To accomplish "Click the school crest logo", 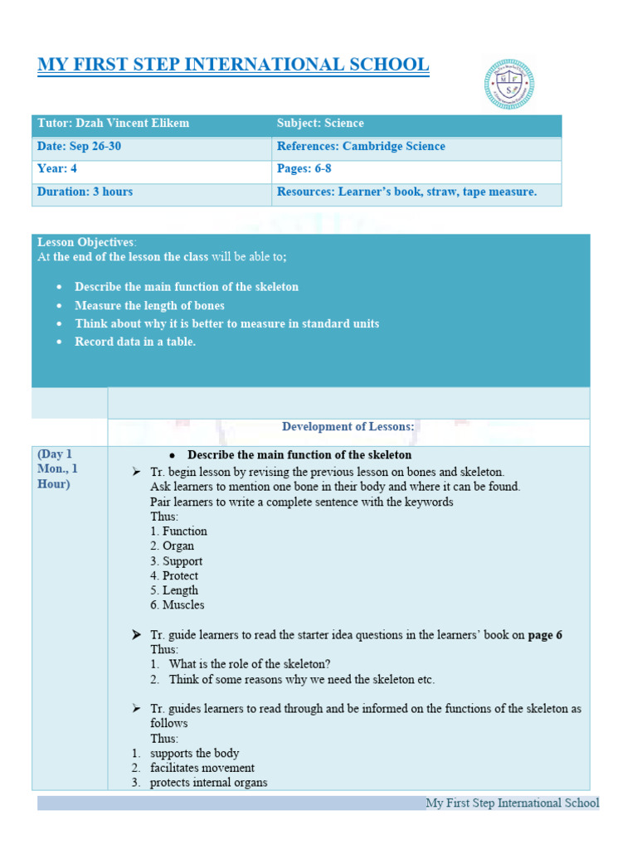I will (508, 84).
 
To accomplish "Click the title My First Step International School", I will (233, 65).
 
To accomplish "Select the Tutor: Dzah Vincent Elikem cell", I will (114, 124).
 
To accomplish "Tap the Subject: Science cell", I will (320, 124).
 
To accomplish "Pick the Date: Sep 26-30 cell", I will (85, 147).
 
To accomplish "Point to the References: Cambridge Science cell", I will (361, 147).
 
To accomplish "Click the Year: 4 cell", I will (57, 169).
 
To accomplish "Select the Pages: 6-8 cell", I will (304, 169).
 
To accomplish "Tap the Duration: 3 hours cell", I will (85, 192).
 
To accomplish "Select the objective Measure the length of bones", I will (149, 305).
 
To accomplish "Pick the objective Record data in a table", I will (135, 342).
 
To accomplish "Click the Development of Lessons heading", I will (348, 427).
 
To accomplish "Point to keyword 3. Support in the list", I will (177, 561).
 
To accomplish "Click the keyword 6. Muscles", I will (177, 605).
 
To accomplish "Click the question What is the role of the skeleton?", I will (250, 664).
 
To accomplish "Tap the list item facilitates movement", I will (202, 768).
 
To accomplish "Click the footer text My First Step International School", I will (512, 803).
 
